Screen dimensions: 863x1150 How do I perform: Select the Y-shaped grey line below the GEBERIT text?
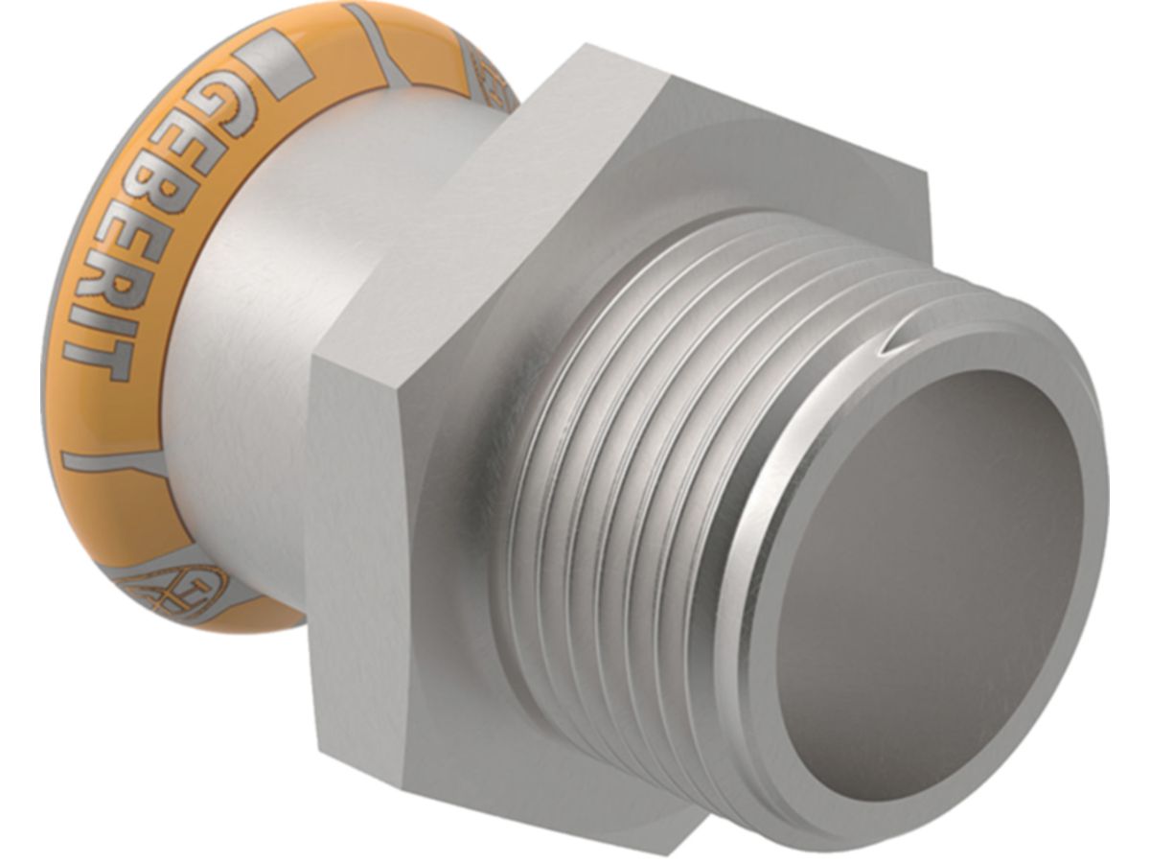pyautogui.click(x=115, y=460)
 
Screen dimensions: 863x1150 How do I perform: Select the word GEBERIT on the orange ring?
pyautogui.click(x=144, y=230)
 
